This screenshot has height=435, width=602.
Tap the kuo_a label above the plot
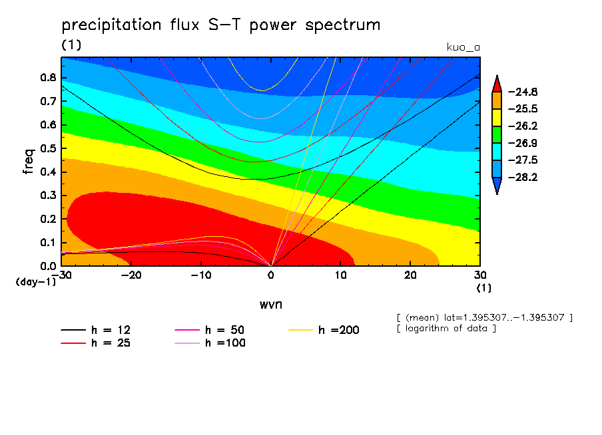(462, 47)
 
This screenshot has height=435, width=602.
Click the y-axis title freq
(28, 161)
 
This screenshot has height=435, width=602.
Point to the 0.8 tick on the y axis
(49, 77)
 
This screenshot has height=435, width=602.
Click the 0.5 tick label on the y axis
(49, 148)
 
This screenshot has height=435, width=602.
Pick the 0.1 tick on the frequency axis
(49, 243)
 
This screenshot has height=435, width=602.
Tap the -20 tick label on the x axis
(131, 275)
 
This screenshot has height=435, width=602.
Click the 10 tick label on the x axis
(340, 275)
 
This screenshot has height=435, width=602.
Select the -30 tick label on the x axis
(61, 275)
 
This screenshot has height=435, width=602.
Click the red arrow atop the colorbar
(496, 84)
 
